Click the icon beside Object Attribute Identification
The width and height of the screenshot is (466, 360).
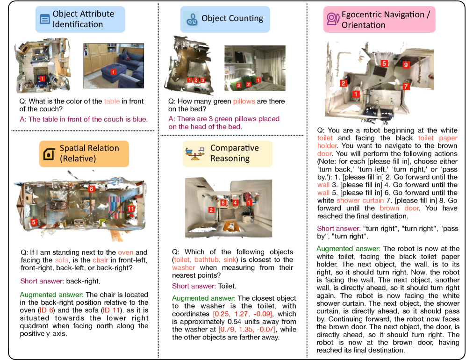(x=45, y=19)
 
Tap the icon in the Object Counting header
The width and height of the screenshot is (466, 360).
(x=192, y=19)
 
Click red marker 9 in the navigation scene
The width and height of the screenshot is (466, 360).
(x=406, y=65)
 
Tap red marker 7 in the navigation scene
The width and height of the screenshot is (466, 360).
(x=406, y=86)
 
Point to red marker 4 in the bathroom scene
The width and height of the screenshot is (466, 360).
(x=236, y=203)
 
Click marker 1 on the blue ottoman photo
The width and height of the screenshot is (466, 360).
(x=113, y=72)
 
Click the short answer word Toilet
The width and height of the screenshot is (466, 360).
(x=227, y=286)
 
